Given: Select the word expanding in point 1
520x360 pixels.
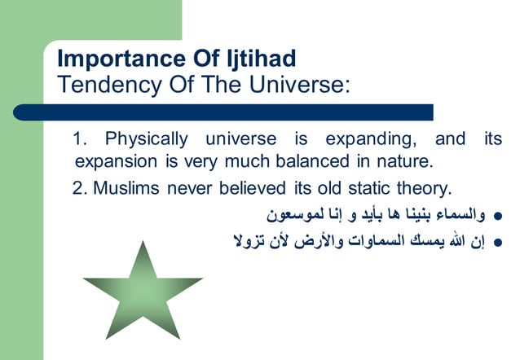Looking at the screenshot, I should point(372,138).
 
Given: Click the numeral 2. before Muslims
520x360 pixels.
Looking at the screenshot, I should point(80,189).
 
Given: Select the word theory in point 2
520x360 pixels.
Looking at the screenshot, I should point(422,189).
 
